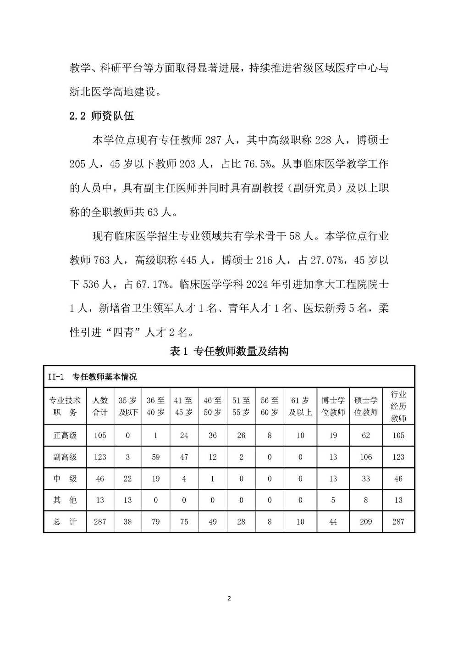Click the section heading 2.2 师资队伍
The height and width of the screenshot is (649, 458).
[101, 116]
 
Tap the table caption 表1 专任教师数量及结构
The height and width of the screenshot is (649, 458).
[229, 352]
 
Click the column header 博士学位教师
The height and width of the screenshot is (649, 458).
[333, 406]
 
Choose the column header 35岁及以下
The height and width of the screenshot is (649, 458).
[128, 406]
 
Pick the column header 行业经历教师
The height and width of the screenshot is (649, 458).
[398, 406]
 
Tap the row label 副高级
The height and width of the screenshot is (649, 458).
[65, 457]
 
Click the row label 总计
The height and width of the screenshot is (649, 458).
[65, 522]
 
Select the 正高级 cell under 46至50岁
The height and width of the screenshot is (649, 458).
[213, 436]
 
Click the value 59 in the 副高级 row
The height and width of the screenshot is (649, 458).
[156, 457]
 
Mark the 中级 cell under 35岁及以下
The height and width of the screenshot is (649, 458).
[128, 479]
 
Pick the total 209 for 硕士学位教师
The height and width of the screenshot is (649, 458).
[365, 522]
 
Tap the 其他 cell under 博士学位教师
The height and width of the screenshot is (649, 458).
[333, 500]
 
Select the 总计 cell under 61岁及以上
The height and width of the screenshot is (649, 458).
[300, 522]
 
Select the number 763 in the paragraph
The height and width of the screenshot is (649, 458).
[102, 261]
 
